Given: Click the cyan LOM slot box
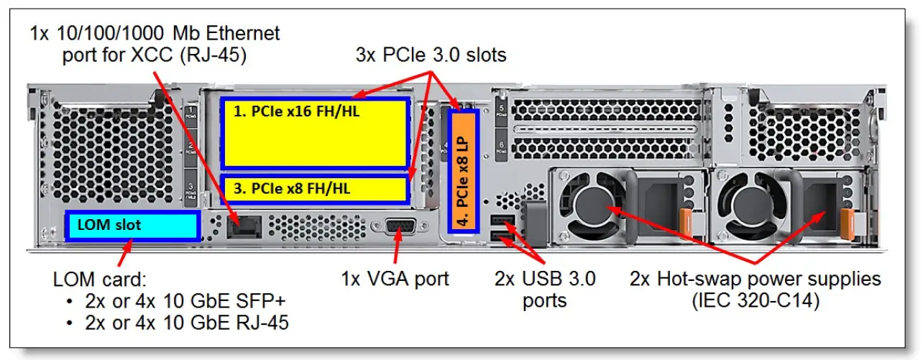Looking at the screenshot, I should tap(132, 226).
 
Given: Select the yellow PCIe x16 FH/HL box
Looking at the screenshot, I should tap(314, 133).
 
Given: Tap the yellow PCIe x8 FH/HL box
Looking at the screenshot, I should tap(314, 188).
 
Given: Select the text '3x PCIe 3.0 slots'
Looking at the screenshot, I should tap(431, 54).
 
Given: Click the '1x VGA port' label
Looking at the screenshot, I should tap(395, 279).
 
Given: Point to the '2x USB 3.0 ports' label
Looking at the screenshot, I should tap(545, 289).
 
